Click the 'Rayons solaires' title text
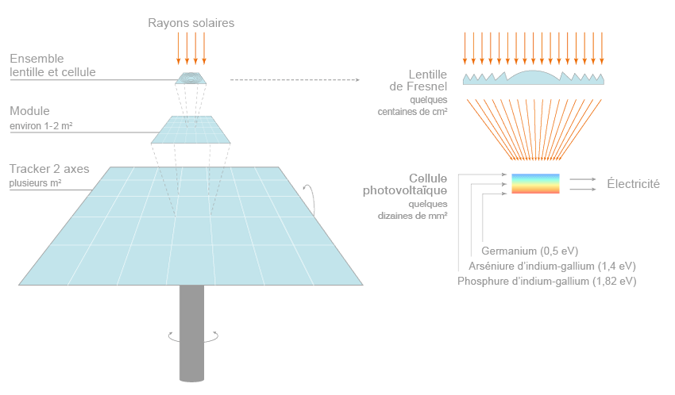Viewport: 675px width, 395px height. click(191, 22)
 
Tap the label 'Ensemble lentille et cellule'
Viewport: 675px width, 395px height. click(52, 66)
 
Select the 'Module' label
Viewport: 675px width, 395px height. click(29, 111)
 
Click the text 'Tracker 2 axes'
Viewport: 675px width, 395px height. click(49, 169)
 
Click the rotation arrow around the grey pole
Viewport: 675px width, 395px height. click(191, 337)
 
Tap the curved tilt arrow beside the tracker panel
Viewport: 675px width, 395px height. click(312, 199)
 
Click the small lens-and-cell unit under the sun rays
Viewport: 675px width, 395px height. click(191, 78)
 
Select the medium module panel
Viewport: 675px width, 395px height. click(191, 129)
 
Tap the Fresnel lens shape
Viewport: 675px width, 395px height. click(535, 77)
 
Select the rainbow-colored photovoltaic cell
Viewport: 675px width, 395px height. click(535, 184)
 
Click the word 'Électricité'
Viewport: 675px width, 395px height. click(633, 184)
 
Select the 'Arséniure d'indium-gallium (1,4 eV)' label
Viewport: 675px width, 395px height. click(551, 266)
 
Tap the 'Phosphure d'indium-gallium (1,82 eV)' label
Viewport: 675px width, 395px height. click(546, 281)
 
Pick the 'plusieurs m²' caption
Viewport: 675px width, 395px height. click(36, 183)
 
